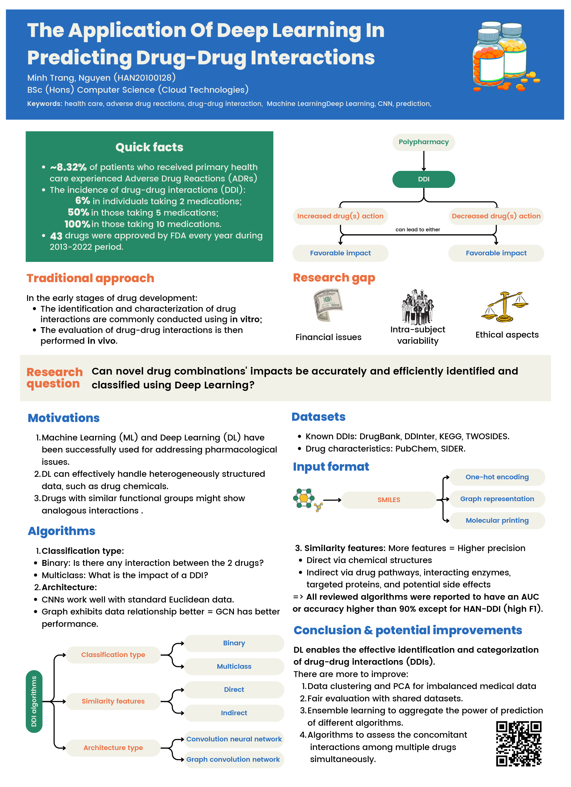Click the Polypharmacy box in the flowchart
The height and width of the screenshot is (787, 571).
pos(423,142)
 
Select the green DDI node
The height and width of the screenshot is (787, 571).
pos(423,179)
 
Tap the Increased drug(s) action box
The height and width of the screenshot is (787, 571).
pos(340,216)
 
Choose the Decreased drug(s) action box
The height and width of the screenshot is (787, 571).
pos(496,216)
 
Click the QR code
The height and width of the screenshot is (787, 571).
pos(518,743)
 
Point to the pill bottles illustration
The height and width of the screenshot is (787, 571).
pos(503,55)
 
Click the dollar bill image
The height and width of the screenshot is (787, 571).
pos(327,305)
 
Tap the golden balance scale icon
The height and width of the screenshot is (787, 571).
pos(505,307)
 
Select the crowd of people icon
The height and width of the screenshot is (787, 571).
pos(417,306)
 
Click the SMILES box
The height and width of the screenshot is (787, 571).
pos(389,500)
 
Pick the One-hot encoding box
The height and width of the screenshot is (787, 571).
pos(497,477)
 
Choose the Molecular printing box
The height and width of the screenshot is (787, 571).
pos(497,520)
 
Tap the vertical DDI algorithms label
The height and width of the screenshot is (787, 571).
pos(34,701)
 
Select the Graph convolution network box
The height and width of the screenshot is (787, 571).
pos(233,759)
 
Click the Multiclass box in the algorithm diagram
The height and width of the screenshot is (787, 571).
pos(234,666)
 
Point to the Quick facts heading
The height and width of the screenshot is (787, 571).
pos(149,147)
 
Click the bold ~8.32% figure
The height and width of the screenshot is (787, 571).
pos(68,167)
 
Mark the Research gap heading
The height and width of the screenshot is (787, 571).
pos(334,278)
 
